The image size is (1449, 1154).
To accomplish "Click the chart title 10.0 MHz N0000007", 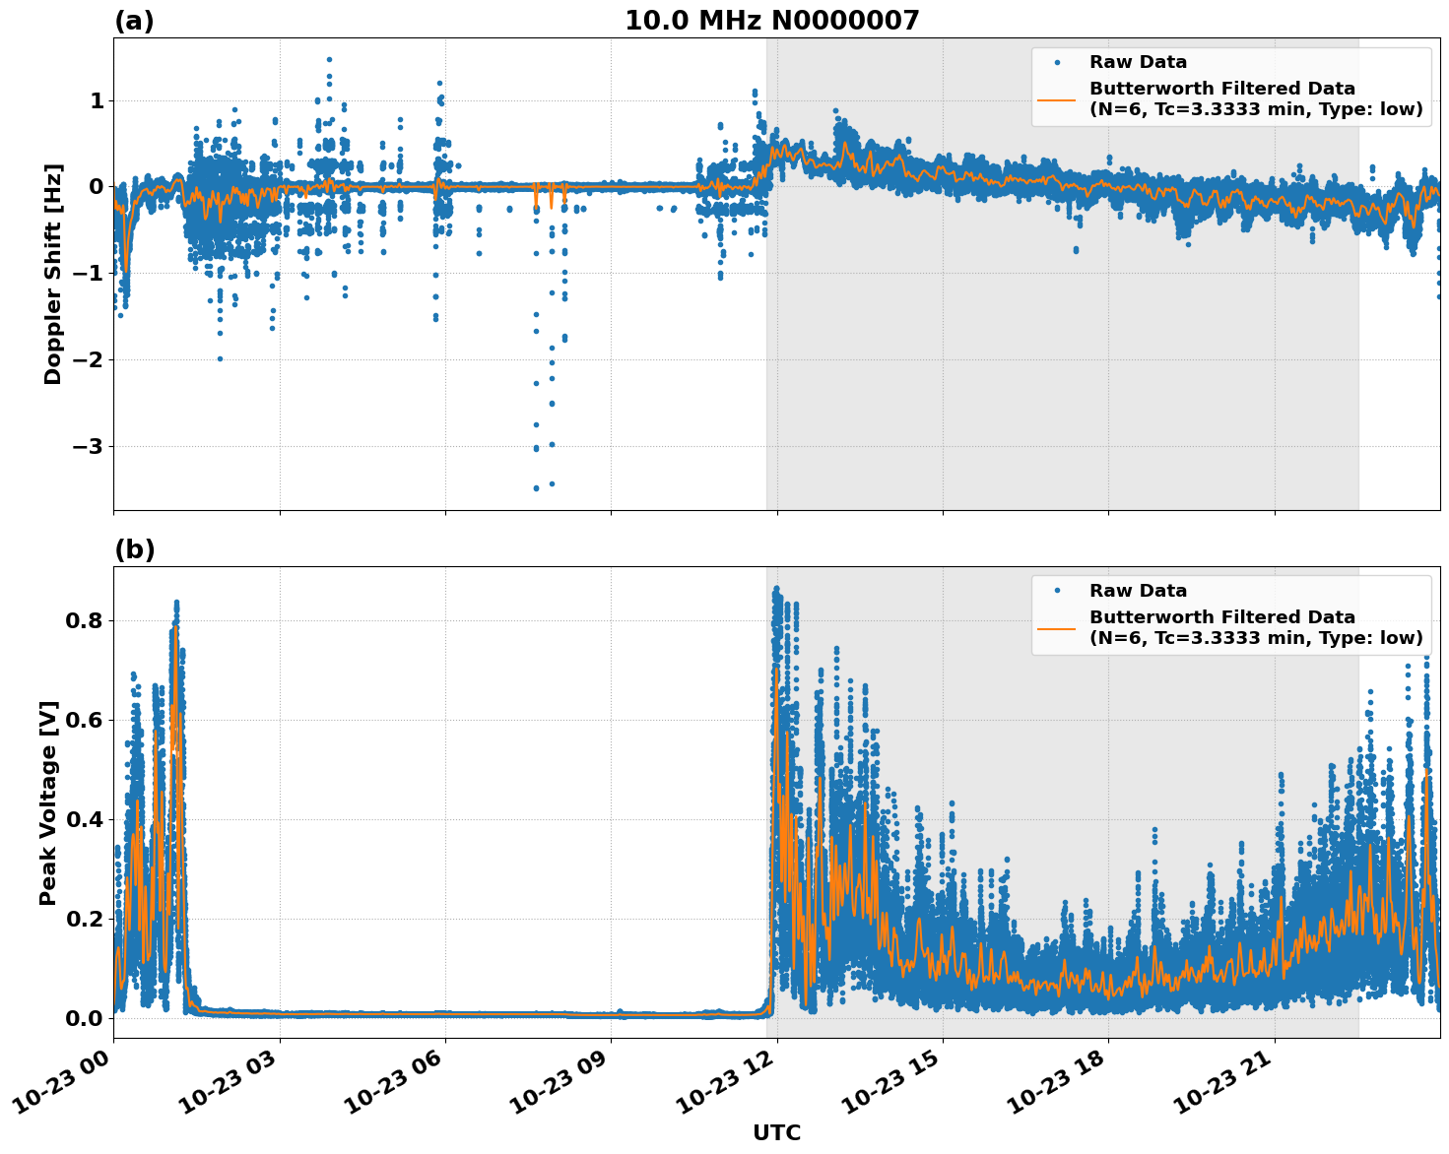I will point(771,21).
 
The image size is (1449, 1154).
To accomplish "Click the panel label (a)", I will point(134,21).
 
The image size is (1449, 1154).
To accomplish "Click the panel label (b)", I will point(134,549).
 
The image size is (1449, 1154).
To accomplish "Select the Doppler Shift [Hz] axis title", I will point(53,274).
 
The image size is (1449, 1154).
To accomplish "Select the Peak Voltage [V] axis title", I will point(48,802).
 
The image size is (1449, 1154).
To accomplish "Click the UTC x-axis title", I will point(776,1132).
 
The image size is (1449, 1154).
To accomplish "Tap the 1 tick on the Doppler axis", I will point(97,100).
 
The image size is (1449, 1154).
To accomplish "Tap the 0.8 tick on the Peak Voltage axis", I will point(84,620).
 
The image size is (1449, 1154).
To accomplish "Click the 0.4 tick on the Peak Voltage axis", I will point(84,819).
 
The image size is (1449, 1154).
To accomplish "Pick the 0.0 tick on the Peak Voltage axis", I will point(84,1017).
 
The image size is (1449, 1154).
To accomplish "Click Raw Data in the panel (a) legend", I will point(1138,62).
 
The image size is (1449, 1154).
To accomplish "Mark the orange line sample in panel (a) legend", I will point(1057,98).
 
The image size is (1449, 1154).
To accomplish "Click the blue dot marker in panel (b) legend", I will point(1057,591).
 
